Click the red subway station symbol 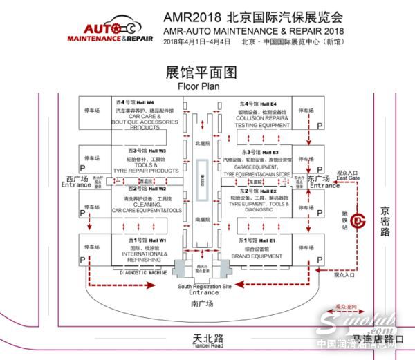coord(358,220)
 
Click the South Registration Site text coord(204,286)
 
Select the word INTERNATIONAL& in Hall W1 coord(142,254)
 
